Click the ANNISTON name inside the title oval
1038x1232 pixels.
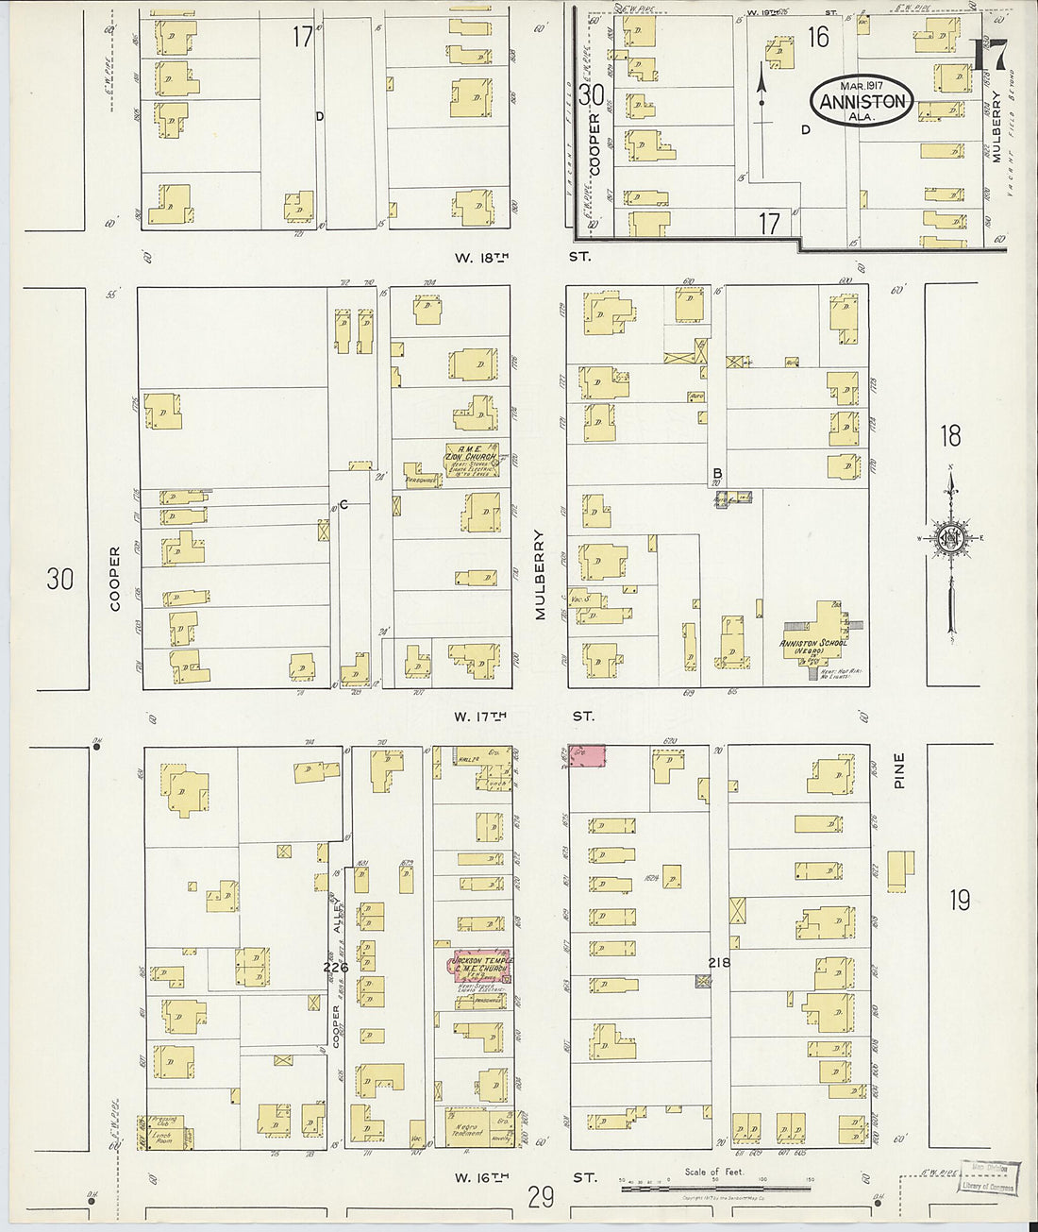click(x=862, y=102)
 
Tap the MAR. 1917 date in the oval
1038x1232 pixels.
click(x=862, y=86)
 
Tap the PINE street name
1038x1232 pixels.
click(x=899, y=770)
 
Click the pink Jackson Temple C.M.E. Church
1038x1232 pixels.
click(x=481, y=966)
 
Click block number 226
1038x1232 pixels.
click(x=335, y=968)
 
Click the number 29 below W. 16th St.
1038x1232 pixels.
click(x=541, y=1198)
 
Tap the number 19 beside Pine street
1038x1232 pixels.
click(x=959, y=900)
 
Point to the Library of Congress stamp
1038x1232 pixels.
click(x=988, y=1179)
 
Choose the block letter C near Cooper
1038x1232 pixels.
click(x=344, y=504)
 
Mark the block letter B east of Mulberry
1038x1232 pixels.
click(x=717, y=473)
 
